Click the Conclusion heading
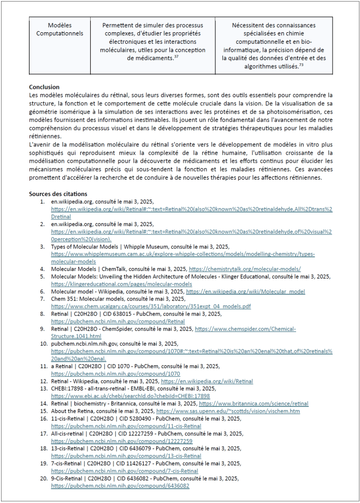point(44,87)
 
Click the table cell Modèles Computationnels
point(60,29)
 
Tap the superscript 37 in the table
point(176,57)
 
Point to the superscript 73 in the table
point(301,64)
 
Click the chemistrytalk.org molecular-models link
point(245,269)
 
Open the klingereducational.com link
point(121,284)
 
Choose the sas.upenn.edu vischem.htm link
point(228,411)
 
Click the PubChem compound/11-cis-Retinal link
point(126,426)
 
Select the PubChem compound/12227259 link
point(121,441)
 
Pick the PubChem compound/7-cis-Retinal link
point(125,471)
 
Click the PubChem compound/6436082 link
point(120,486)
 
